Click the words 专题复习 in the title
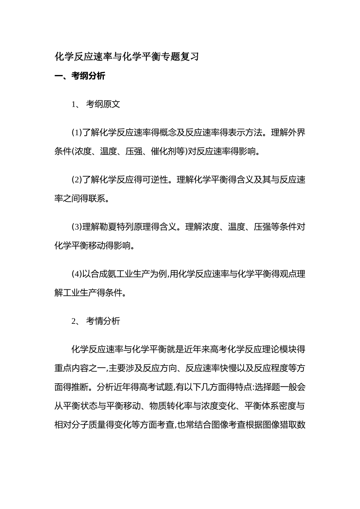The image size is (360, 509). [180, 57]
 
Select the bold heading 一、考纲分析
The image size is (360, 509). [80, 76]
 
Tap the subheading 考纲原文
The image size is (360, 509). [103, 104]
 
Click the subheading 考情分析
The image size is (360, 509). [103, 321]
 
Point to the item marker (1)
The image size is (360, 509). [77, 133]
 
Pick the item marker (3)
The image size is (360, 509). [77, 227]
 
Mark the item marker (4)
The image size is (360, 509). [77, 274]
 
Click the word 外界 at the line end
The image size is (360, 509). [297, 133]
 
